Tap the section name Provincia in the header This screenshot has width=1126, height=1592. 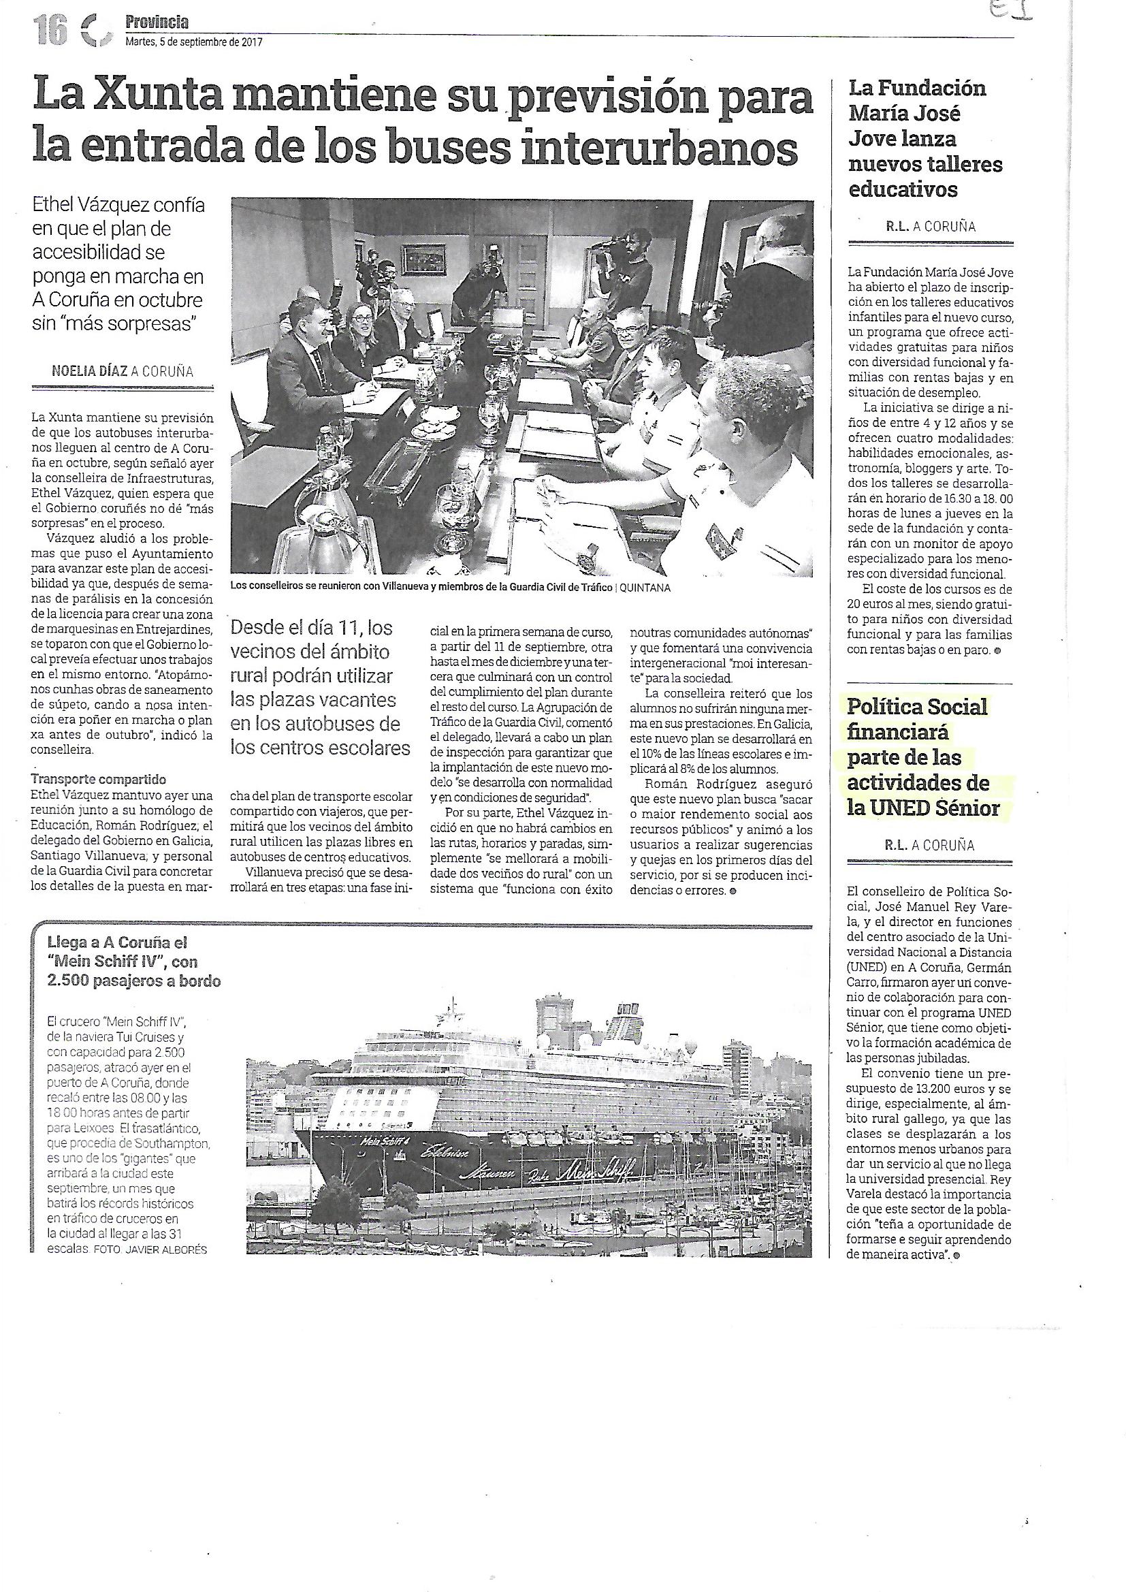[x=157, y=24]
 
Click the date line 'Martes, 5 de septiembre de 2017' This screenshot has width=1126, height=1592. [x=193, y=42]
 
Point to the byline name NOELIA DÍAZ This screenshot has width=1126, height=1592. [x=89, y=371]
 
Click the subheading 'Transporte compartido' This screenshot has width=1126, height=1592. [x=99, y=780]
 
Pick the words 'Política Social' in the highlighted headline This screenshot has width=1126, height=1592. [x=917, y=707]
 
